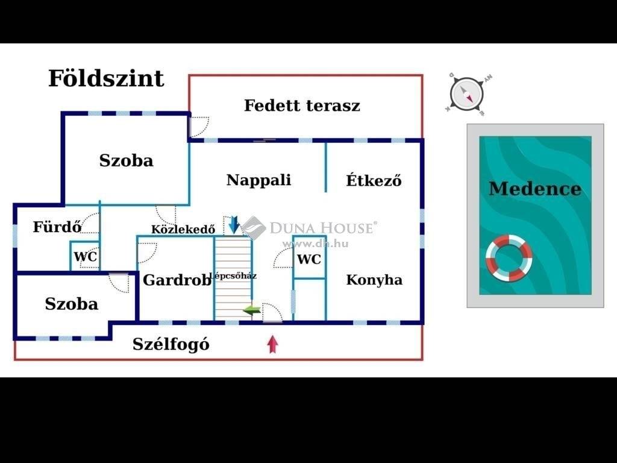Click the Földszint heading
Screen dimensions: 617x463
tap(106, 78)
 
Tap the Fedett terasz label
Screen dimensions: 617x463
tap(302, 106)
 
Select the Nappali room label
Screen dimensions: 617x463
tap(259, 180)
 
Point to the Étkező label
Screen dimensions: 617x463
tap(374, 180)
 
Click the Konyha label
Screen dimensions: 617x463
tap(374, 280)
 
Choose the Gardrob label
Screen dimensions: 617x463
tap(177, 280)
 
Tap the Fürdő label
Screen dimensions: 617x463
tap(57, 227)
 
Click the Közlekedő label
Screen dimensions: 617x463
tap(183, 229)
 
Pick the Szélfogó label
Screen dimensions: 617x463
tap(171, 344)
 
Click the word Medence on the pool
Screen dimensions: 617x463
tap(535, 189)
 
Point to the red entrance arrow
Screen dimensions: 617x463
tap(273, 344)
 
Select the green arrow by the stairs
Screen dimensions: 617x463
tap(252, 310)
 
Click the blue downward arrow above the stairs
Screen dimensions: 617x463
tap(234, 225)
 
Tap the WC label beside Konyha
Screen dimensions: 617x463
tap(309, 259)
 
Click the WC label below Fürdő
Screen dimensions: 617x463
tap(86, 256)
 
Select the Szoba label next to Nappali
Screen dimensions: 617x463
tap(127, 160)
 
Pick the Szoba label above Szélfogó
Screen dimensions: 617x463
tap(72, 304)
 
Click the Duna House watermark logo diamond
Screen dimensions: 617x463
tap(254, 227)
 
